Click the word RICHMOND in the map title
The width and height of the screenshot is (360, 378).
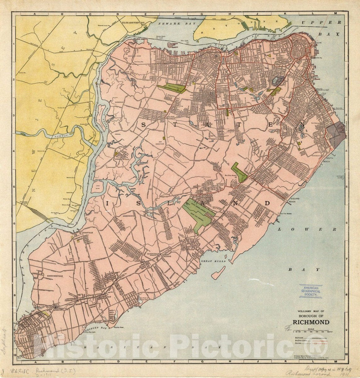tap(311, 322)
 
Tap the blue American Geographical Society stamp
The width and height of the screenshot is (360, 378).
tap(311, 291)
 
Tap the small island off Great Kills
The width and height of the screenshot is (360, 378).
tap(218, 273)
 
